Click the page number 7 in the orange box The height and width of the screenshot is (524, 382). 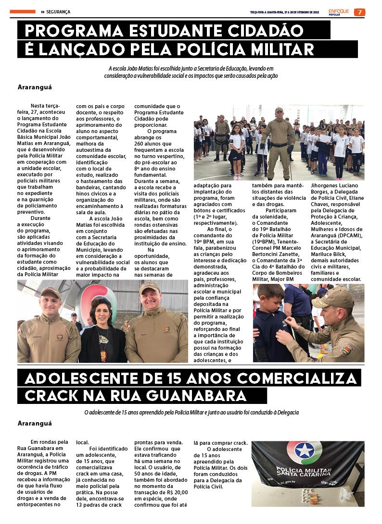point(359,12)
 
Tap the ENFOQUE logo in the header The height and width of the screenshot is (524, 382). point(340,11)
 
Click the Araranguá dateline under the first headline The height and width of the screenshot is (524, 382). point(34,87)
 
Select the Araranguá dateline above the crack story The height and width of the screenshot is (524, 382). point(34,424)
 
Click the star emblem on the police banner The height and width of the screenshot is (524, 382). point(304,451)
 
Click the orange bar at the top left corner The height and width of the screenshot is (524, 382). point(22,12)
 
